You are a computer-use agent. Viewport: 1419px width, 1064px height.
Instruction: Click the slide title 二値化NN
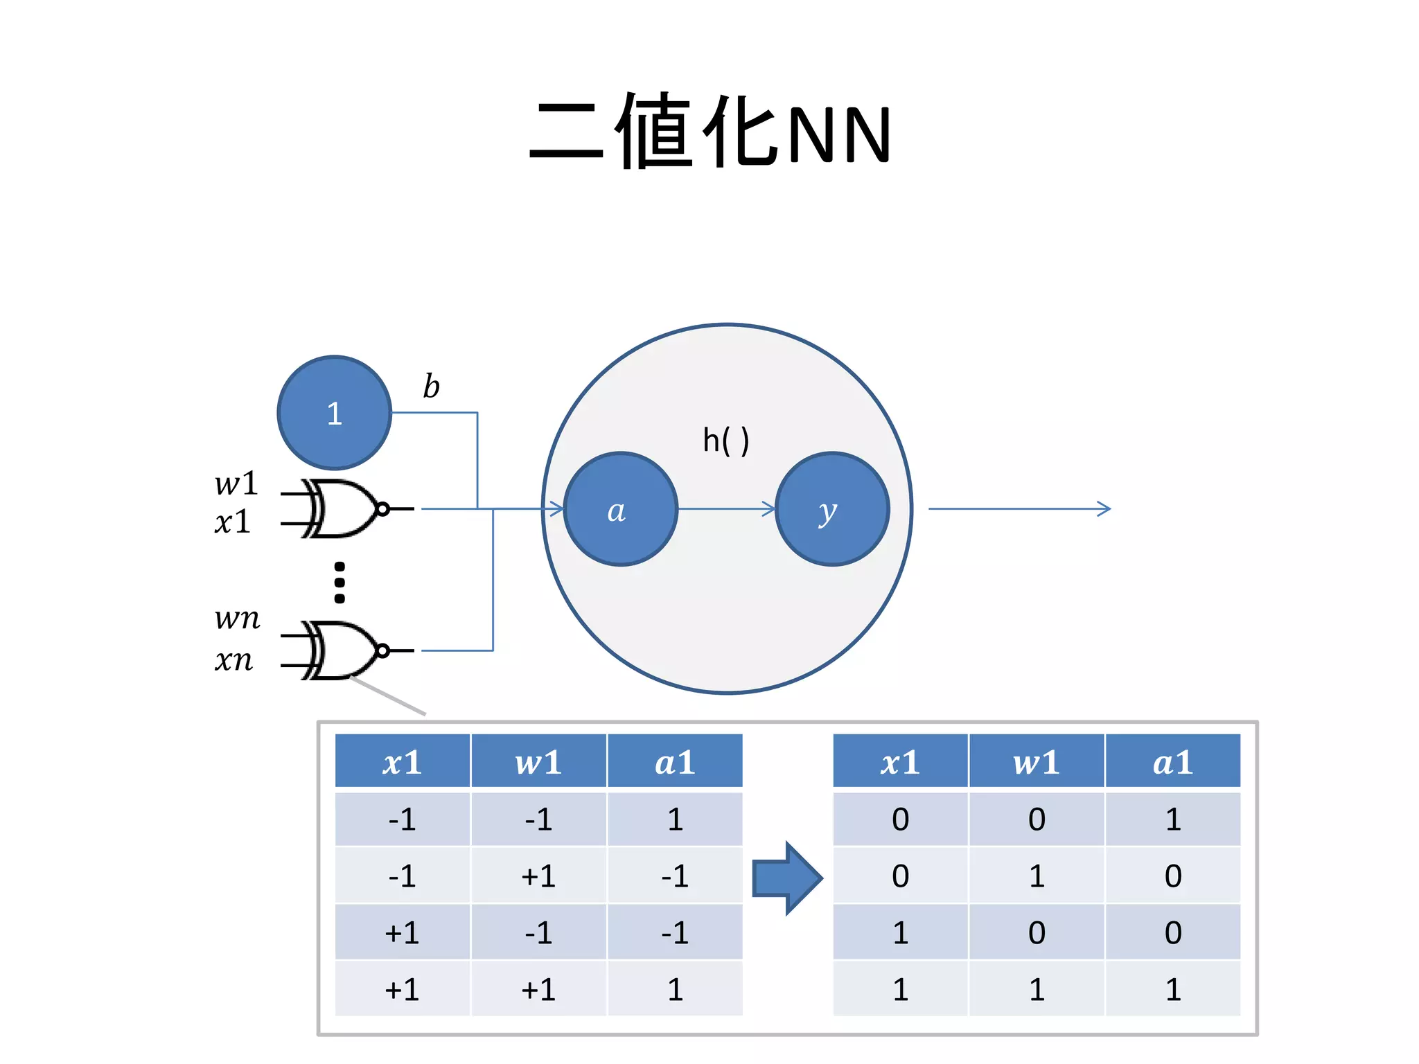pos(709,132)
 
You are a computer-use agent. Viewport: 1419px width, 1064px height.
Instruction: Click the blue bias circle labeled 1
pos(335,413)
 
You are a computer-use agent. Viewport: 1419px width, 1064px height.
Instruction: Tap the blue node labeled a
pos(620,509)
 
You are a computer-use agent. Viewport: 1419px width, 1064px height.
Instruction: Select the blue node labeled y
pos(831,509)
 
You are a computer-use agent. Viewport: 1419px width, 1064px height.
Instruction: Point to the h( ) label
pos(725,441)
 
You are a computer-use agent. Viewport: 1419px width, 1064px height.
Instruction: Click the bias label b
pos(431,387)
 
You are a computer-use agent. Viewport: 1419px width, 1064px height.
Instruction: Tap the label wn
pos(237,618)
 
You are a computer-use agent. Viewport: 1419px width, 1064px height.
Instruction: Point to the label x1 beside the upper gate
pos(232,522)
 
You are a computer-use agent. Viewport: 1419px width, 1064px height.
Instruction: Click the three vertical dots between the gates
pos(340,582)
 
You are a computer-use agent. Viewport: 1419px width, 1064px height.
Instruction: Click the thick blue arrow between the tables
pos(786,878)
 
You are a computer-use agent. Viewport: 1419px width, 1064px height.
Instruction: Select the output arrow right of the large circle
pos(1019,509)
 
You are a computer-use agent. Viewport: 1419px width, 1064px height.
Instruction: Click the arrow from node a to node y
pos(725,509)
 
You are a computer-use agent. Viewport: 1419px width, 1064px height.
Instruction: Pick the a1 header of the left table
pos(675,762)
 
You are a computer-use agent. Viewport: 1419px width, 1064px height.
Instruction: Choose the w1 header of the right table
pos(1036,762)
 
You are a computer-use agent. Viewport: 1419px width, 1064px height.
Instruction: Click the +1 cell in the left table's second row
pos(538,876)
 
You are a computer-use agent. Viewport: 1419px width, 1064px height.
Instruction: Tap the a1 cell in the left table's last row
pos(675,989)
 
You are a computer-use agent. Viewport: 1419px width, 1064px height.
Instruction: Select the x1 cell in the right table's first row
pos(900,819)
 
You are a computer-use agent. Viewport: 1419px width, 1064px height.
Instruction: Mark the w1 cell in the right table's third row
pos(1036,933)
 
